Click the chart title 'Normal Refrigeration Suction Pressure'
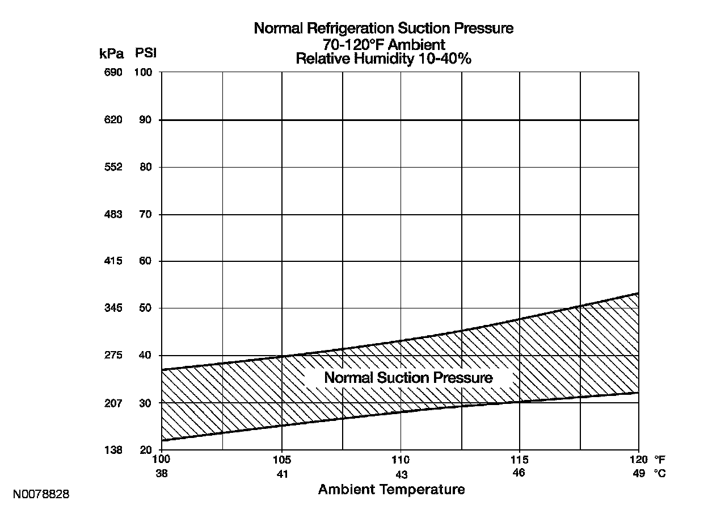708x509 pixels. coord(383,28)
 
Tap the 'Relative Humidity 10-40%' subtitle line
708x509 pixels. coord(383,59)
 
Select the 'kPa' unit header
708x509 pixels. coord(111,53)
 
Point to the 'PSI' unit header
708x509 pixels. coord(146,53)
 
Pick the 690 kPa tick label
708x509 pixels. coord(111,73)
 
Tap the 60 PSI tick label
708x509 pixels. coord(145,261)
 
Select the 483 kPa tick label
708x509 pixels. coord(111,215)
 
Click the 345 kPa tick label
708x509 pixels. coord(111,308)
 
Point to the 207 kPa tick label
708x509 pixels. coord(111,403)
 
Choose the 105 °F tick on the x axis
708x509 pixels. coord(282,460)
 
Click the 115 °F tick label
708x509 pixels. coord(520,460)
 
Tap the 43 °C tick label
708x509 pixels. coord(401,474)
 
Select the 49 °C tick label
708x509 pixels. coord(639,473)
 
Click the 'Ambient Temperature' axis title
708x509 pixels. coord(391,489)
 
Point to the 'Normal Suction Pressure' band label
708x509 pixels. coord(408,378)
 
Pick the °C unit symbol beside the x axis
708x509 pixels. coord(659,473)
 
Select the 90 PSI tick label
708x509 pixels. coord(145,120)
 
